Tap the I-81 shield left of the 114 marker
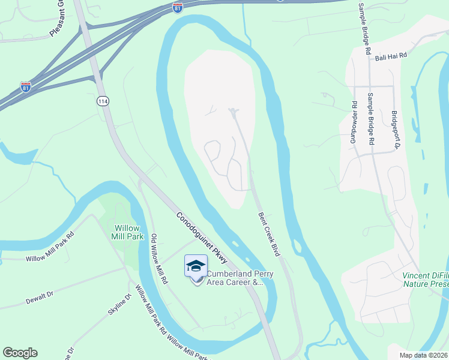26,88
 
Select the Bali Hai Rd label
391,56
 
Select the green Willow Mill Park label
127,233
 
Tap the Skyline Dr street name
127,307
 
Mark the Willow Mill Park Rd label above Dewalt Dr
50,247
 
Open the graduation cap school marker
196,266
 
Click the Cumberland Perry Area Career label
235,278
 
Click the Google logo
20,353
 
